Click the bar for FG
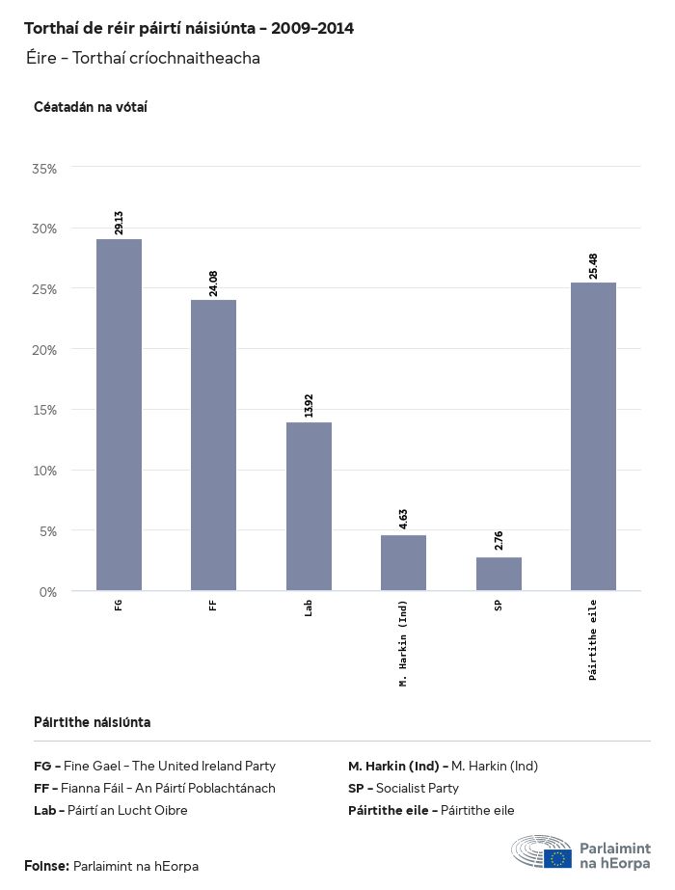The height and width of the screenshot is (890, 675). click(119, 415)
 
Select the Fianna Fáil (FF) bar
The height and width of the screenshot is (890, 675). click(213, 445)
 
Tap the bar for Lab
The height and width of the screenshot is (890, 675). click(309, 506)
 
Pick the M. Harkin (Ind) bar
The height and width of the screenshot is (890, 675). click(403, 562)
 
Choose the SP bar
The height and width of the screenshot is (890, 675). click(499, 574)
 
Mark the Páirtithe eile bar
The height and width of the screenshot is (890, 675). click(593, 436)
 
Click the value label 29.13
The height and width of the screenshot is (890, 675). click(119, 222)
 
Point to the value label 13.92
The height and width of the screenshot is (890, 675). click(309, 405)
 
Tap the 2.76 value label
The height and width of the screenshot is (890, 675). click(499, 541)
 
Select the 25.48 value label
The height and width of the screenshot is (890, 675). click(593, 266)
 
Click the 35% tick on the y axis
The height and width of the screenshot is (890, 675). click(45, 169)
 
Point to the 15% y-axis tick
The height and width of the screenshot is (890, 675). click(45, 410)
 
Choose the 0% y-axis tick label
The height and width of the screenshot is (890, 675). click(48, 591)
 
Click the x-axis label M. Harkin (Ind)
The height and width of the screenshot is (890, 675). click(403, 643)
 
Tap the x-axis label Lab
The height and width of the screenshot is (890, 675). click(309, 608)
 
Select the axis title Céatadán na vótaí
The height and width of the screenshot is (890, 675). click(90, 106)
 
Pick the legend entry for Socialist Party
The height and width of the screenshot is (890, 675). click(403, 788)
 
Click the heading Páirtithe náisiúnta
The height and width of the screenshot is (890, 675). click(92, 722)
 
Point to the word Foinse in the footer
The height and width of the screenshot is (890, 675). click(46, 866)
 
